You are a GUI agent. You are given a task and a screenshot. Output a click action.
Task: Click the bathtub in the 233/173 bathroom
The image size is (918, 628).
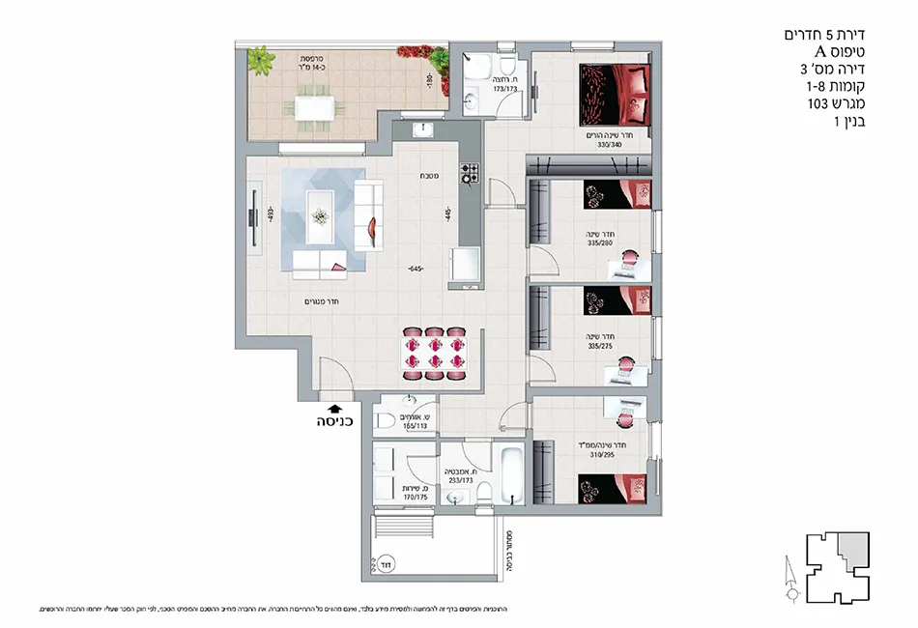[x=509, y=474]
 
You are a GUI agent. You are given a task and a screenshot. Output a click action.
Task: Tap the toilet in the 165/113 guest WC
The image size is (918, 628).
[x=387, y=421]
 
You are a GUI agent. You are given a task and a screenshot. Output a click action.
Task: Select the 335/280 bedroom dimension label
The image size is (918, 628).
[x=600, y=243]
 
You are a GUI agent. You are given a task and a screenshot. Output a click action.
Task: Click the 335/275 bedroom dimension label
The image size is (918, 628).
[x=600, y=346]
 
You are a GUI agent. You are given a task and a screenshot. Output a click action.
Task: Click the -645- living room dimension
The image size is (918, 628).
[x=416, y=269]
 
